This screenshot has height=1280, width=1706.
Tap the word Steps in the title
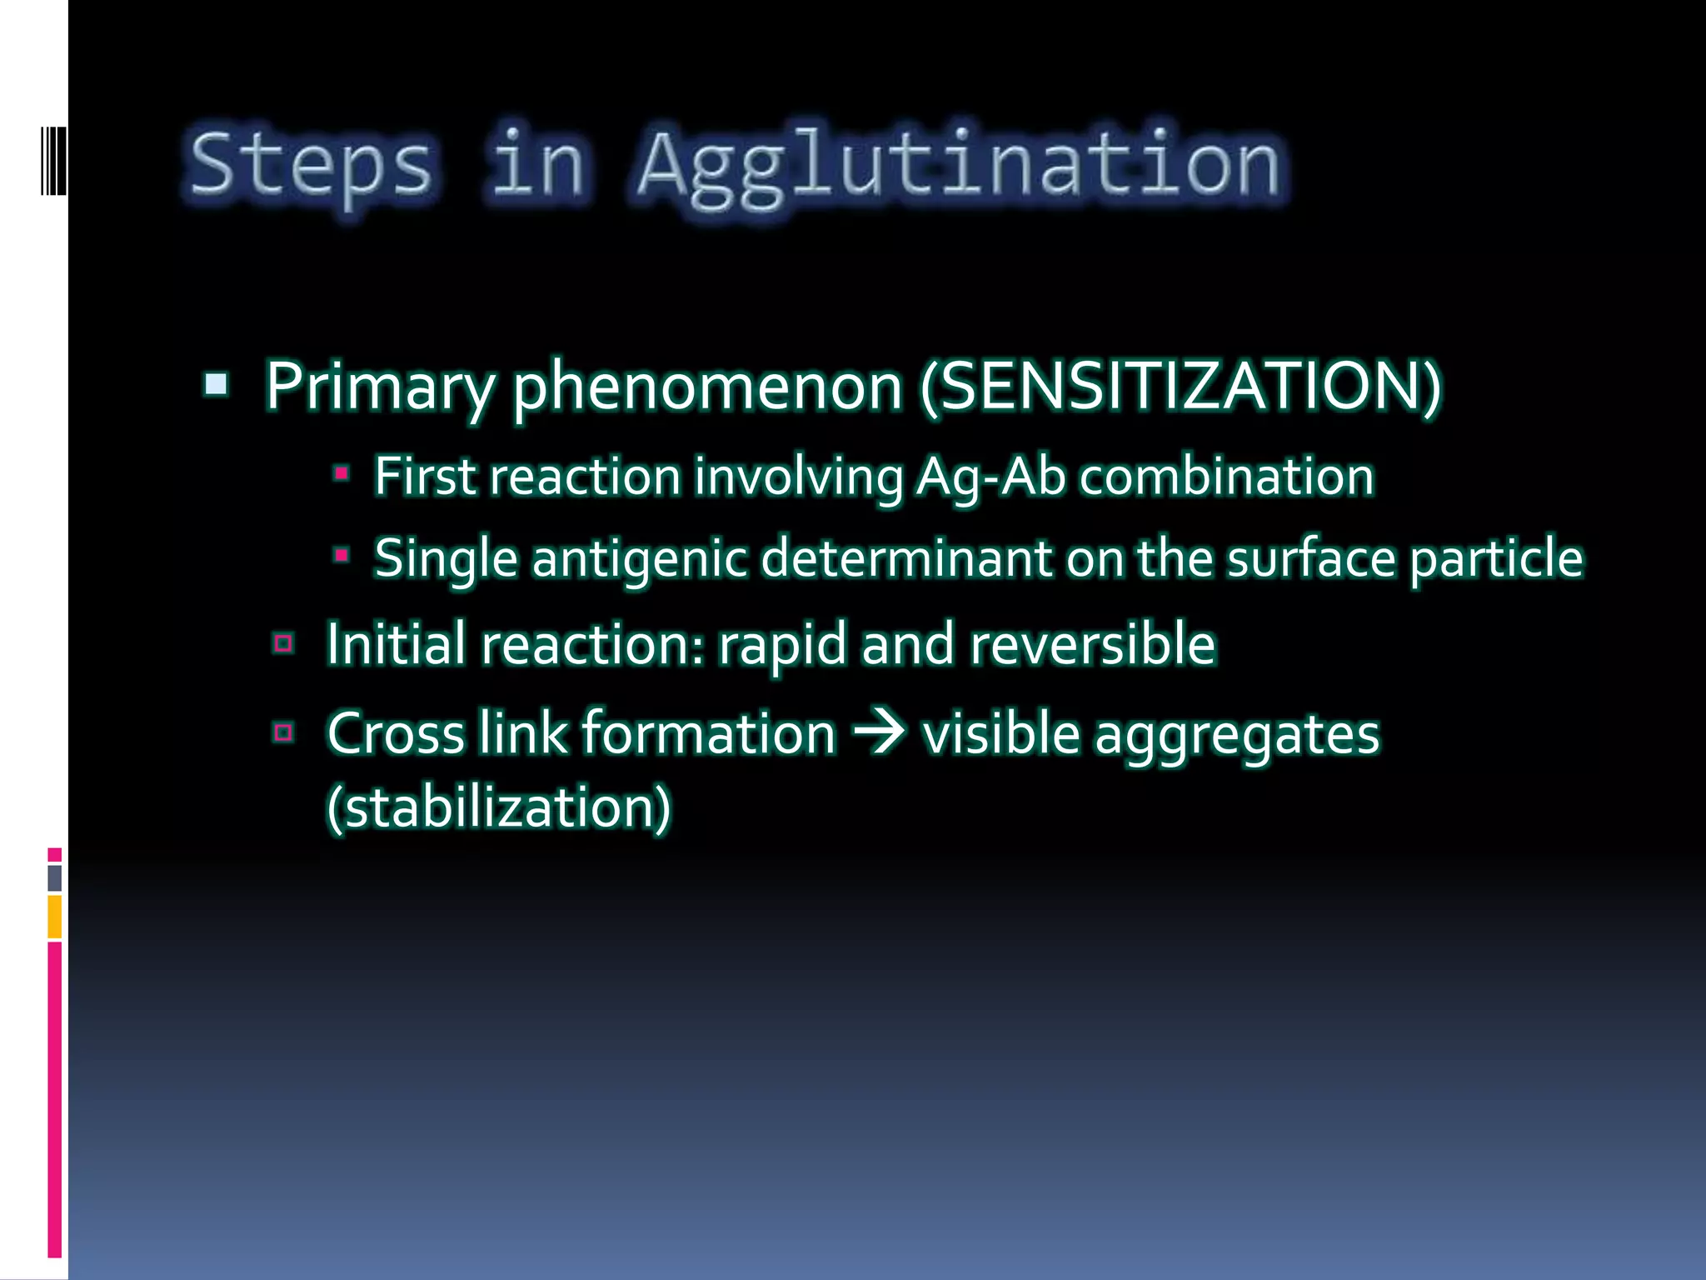coord(311,164)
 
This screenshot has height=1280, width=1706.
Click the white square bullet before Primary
coord(216,384)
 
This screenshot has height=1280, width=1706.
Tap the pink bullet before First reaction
coord(341,473)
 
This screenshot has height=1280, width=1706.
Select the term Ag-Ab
coord(990,477)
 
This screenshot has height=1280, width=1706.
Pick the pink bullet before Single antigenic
coord(341,554)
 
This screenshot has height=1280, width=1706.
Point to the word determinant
coord(906,557)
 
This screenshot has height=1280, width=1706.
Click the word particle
coord(1496,557)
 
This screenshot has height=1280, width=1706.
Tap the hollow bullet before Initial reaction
coord(283,643)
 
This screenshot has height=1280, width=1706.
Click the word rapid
coord(781,644)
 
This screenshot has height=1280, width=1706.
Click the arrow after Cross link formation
coord(878,733)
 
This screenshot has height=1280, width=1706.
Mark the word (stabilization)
coord(498,807)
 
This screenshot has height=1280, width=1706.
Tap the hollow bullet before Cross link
coord(283,732)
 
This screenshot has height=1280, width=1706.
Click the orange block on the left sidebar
coord(54,917)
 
